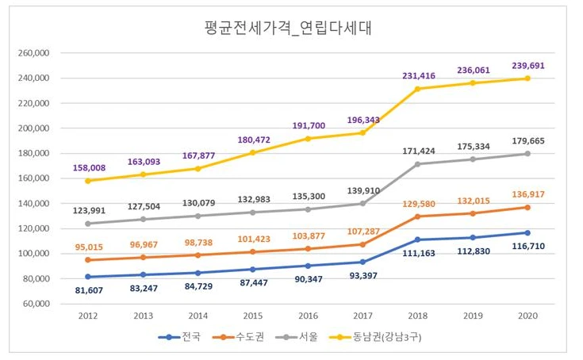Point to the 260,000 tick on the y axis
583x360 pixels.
[x=34, y=53]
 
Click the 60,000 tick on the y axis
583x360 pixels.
[x=36, y=304]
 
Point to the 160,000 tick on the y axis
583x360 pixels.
[x=34, y=178]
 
